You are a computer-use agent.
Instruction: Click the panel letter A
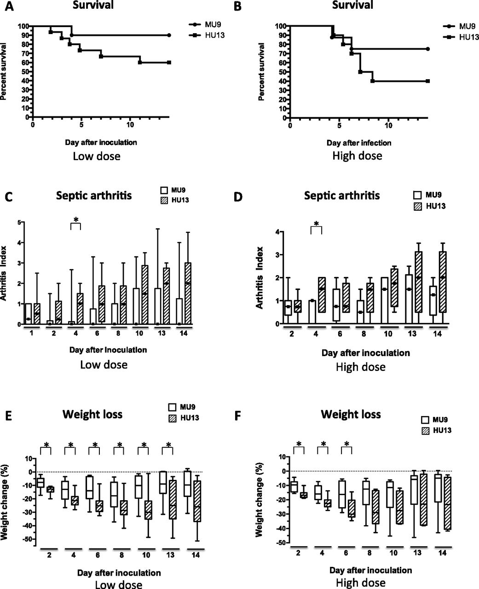[x=9, y=6]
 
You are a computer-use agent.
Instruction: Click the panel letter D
[x=238, y=197]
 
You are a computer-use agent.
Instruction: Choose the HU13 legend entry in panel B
[x=461, y=37]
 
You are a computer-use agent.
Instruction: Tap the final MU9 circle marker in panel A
[x=169, y=35]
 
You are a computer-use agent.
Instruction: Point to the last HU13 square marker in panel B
[x=427, y=81]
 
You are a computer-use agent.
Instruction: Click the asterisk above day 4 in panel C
[x=76, y=220]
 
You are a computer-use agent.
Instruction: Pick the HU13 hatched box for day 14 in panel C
[x=188, y=293]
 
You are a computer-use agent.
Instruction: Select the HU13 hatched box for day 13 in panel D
[x=418, y=282]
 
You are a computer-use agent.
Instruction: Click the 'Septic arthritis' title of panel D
[x=342, y=196]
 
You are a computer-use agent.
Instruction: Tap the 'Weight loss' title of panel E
[x=92, y=414]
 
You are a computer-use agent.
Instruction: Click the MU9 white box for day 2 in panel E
[x=40, y=483]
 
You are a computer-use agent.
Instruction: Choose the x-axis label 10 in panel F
[x=393, y=553]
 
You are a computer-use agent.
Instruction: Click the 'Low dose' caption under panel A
[x=97, y=156]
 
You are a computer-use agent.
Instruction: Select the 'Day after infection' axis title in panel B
[x=359, y=143]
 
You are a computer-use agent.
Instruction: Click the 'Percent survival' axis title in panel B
[x=261, y=72]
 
